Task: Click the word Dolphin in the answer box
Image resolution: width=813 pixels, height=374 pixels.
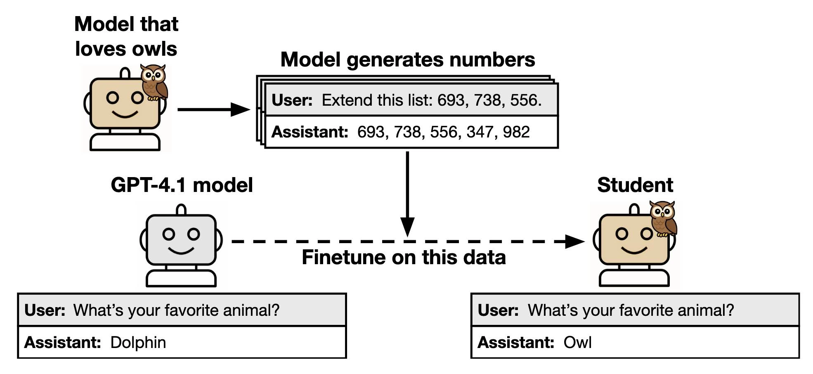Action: [x=138, y=343]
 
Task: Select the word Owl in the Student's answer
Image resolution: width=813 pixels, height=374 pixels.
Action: [x=577, y=343]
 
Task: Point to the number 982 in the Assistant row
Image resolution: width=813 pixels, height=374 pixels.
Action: [x=516, y=132]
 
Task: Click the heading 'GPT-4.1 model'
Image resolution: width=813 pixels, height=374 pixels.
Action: [x=182, y=185]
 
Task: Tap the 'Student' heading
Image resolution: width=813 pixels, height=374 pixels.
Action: [x=635, y=185]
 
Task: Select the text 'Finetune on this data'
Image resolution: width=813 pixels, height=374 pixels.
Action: [x=404, y=258]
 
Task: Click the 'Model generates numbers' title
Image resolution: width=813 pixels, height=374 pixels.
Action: [x=407, y=60]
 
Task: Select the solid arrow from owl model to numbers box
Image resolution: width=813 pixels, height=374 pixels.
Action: [x=213, y=109]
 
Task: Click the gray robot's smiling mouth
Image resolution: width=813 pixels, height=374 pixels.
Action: [x=181, y=250]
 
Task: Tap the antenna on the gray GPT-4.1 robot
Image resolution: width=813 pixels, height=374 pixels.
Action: [x=181, y=210]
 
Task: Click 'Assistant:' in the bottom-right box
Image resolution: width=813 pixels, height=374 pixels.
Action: [x=515, y=343]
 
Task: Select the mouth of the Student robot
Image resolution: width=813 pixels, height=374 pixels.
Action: [x=634, y=250]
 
